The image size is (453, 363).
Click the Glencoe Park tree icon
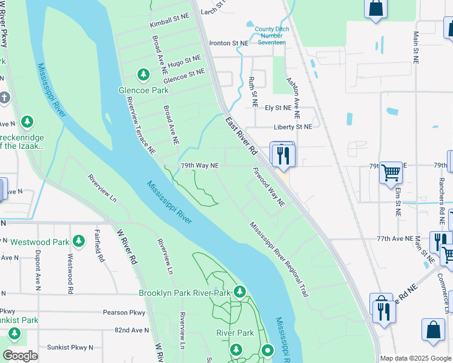[x=144, y=75]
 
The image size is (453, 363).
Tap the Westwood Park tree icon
[x=78, y=241]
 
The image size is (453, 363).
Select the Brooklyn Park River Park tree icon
[x=240, y=292]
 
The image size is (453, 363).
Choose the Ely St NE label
[x=279, y=108]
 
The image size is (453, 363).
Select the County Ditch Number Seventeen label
[x=271, y=36]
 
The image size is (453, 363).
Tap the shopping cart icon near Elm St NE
[x=391, y=172]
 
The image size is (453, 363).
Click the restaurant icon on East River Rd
[x=282, y=154]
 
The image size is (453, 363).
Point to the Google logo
[x=21, y=356]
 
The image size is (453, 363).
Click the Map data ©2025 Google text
[x=415, y=358]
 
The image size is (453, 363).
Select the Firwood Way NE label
[x=268, y=188]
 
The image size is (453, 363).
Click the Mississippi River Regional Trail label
[x=279, y=258]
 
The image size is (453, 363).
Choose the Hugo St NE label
[x=184, y=61]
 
